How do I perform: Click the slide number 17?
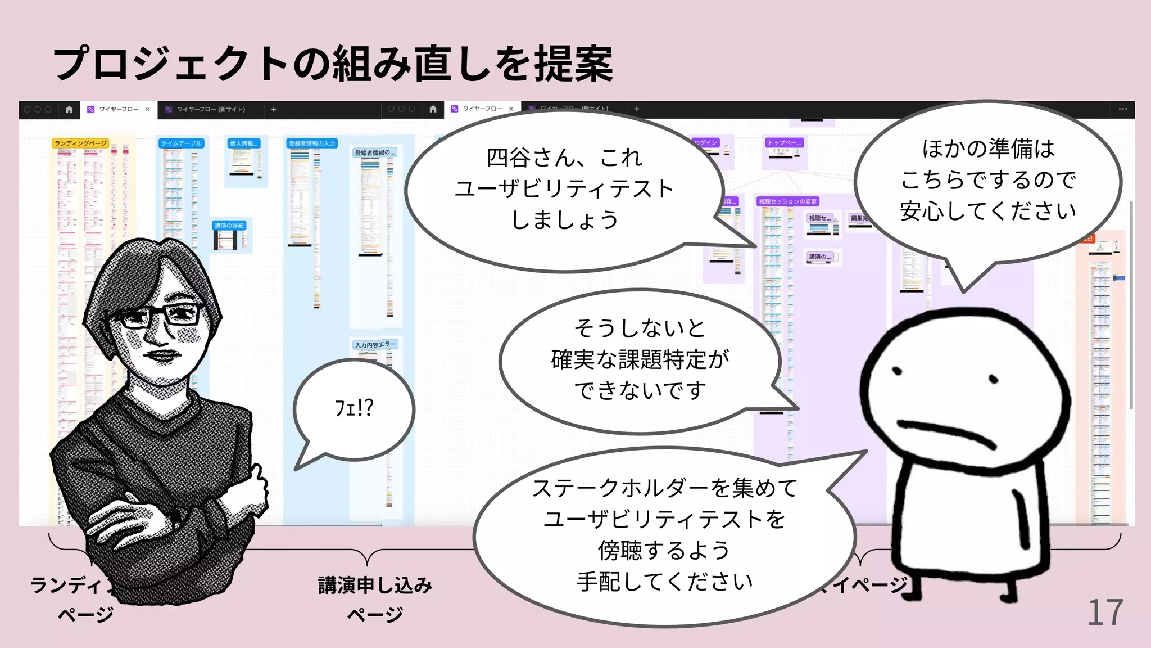tap(1105, 612)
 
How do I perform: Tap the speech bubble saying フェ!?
tap(354, 408)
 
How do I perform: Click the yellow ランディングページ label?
tap(80, 143)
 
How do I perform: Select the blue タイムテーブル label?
tap(181, 143)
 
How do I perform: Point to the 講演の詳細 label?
tap(229, 226)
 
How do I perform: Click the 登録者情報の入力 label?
tap(312, 143)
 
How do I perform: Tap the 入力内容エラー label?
tap(375, 344)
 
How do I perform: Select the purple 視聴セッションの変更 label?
tap(787, 201)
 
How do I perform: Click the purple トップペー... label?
tap(784, 143)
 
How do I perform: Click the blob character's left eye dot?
tap(898, 371)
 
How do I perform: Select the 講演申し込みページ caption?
tap(375, 599)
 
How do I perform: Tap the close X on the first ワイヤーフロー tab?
tap(148, 109)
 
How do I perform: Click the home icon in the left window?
tap(69, 109)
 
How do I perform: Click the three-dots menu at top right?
tap(1122, 109)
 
